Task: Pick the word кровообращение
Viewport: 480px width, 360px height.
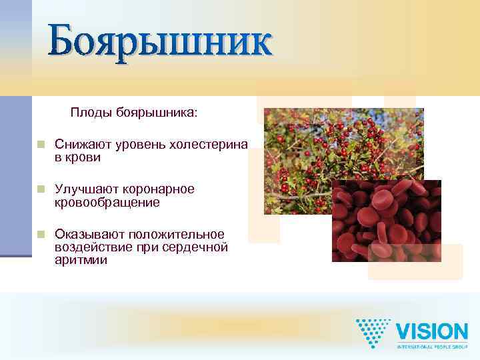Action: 107,202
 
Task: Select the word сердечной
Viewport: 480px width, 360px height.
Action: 196,247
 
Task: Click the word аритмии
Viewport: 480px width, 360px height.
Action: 81,260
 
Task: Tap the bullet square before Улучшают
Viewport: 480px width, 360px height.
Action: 41,189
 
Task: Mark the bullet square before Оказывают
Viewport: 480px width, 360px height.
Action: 41,235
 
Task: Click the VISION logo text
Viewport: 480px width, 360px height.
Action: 432,332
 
